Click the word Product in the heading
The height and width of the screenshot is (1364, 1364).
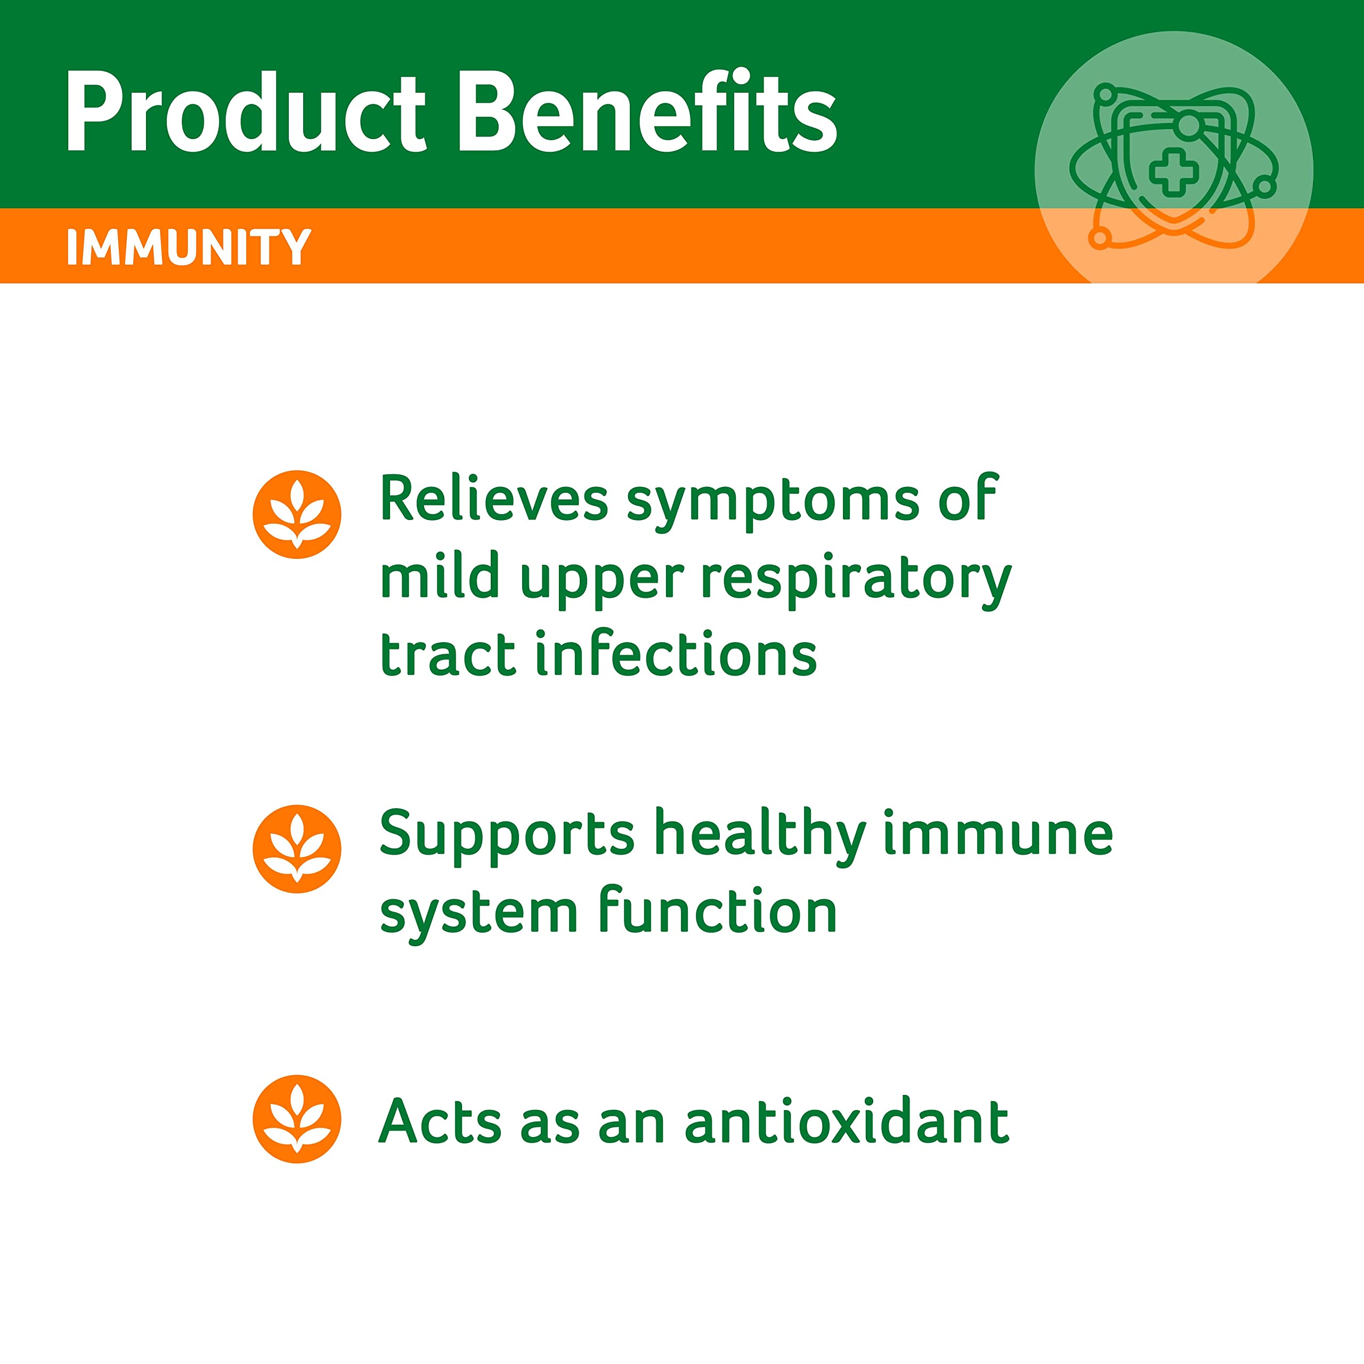click(246, 111)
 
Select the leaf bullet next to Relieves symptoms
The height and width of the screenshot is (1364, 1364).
click(297, 514)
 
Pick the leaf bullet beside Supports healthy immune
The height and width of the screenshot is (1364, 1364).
click(297, 849)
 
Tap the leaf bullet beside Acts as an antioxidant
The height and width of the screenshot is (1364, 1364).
click(297, 1118)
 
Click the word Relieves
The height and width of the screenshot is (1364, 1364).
click(493, 498)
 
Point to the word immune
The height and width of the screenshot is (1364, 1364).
click(998, 835)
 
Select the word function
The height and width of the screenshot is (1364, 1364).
click(717, 912)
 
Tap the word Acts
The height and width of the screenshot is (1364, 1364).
click(441, 1121)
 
